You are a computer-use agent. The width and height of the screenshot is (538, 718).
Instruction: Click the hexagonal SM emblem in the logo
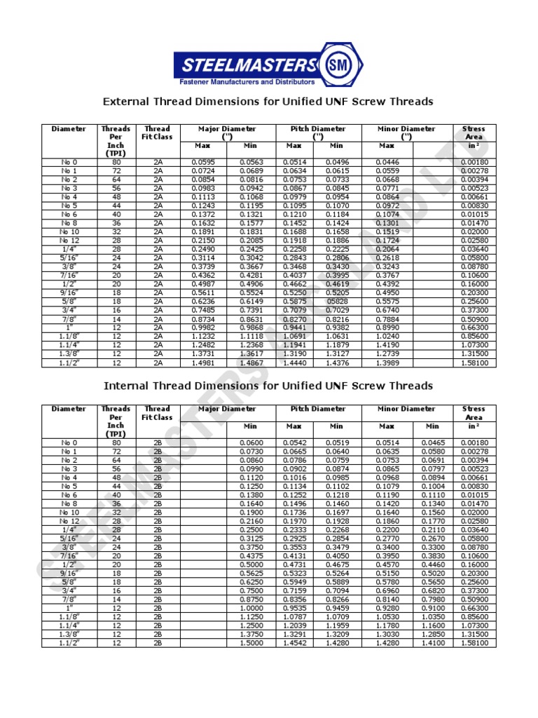(x=343, y=66)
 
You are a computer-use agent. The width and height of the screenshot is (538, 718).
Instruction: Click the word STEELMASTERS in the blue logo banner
(x=249, y=66)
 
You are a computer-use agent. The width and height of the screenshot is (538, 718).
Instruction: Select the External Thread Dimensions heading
(x=268, y=102)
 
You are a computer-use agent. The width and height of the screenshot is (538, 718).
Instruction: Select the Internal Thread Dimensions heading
(x=268, y=386)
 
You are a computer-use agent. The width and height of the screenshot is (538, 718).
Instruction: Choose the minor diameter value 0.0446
(x=386, y=162)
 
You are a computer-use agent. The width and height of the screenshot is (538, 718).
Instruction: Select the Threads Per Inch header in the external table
(x=116, y=141)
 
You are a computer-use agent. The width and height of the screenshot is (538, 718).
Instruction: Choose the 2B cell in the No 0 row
(x=158, y=442)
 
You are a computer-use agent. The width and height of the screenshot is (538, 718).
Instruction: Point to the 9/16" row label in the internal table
(x=69, y=573)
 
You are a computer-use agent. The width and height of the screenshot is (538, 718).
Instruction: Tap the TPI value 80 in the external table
(x=116, y=162)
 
